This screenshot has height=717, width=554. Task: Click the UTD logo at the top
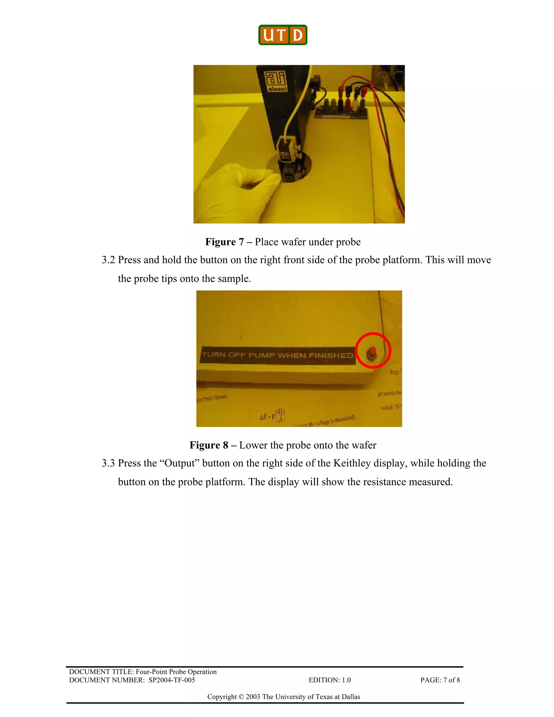click(x=283, y=35)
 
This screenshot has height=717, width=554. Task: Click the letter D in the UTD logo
click(x=298, y=35)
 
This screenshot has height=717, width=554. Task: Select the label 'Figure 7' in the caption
click(x=225, y=242)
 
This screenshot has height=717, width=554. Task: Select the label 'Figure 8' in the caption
click(x=209, y=445)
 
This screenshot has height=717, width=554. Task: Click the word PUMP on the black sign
click(x=261, y=355)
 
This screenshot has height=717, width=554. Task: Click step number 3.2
click(x=108, y=260)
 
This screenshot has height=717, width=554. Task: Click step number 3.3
click(x=108, y=463)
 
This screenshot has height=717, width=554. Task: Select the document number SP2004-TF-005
click(x=172, y=680)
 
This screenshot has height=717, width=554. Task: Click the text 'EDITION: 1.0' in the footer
click(x=329, y=680)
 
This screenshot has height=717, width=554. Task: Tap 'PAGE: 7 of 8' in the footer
click(x=440, y=680)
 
